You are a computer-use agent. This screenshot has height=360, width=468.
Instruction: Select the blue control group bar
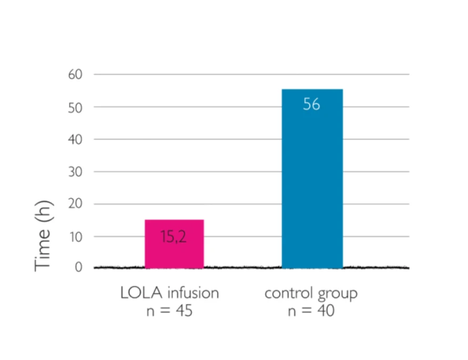312,179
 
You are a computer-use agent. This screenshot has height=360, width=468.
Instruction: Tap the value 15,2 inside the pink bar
174,236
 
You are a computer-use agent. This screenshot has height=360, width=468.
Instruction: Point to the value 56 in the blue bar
311,105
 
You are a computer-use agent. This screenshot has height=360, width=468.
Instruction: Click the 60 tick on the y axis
76,75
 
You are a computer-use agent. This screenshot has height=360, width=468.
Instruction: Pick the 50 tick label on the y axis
76,107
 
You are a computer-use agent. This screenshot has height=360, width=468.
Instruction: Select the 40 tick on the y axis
76,139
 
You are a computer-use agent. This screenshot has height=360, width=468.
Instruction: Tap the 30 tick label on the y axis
76,172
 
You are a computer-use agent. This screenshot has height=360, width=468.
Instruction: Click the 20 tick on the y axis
76,204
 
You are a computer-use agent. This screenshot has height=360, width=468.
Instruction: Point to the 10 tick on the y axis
76,236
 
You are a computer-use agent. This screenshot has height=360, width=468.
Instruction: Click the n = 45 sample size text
169,311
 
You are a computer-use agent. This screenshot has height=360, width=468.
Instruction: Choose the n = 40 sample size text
311,311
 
